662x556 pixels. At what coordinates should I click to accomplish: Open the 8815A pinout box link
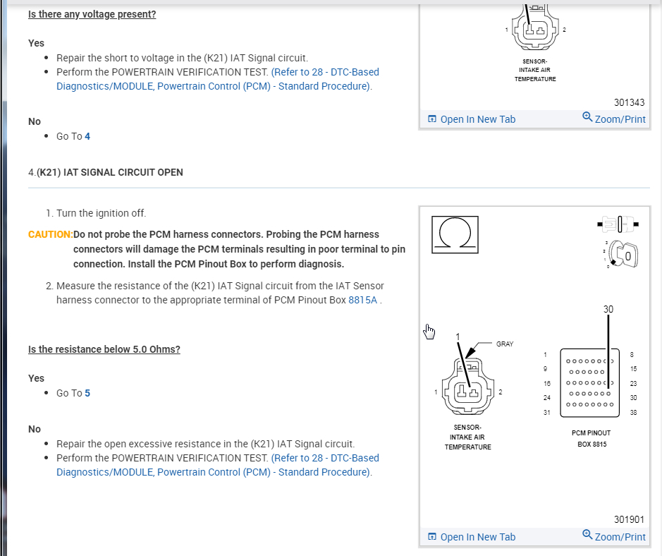click(362, 300)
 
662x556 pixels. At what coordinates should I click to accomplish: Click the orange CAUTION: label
click(50, 234)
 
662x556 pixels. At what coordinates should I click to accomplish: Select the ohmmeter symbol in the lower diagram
click(455, 235)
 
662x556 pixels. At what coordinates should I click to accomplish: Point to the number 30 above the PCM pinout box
click(608, 309)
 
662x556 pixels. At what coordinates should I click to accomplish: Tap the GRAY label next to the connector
click(505, 344)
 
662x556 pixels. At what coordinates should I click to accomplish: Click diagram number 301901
click(629, 519)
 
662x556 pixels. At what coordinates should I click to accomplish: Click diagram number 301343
click(629, 102)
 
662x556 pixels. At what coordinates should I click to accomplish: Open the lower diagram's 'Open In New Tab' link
click(472, 537)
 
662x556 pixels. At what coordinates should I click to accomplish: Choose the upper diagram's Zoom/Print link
click(614, 119)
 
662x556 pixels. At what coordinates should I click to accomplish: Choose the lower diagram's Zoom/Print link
click(614, 536)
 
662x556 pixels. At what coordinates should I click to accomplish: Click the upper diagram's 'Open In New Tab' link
click(472, 119)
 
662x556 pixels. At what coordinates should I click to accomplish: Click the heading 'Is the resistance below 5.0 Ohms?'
click(104, 349)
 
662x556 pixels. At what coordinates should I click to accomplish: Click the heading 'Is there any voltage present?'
click(92, 14)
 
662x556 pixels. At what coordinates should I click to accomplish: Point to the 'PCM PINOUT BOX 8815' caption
click(591, 438)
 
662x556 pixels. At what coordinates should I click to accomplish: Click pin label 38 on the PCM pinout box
click(633, 413)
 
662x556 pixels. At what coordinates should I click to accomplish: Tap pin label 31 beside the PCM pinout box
click(546, 413)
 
